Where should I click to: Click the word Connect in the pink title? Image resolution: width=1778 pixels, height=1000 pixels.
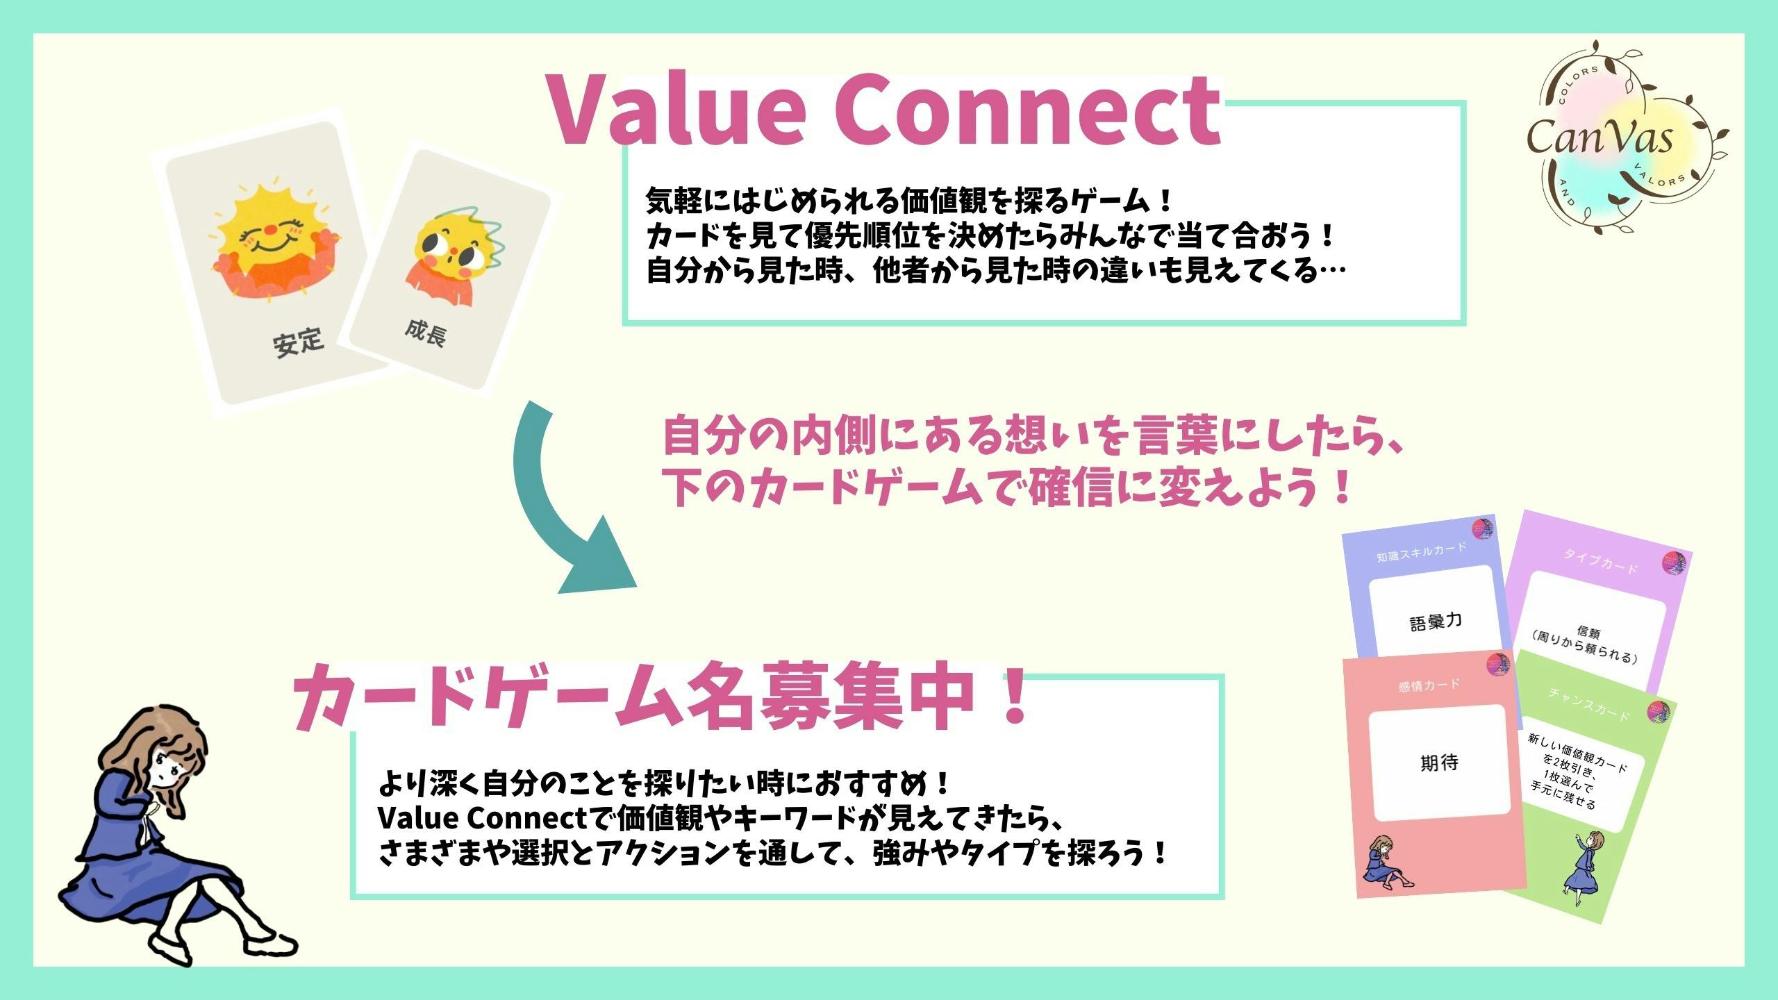(1028, 111)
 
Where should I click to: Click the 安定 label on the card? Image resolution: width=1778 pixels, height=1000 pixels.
(298, 342)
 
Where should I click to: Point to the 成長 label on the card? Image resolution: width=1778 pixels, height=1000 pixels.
(425, 333)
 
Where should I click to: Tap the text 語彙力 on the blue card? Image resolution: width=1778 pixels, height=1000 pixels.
(1436, 622)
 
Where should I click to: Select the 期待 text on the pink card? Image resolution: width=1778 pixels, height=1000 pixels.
(1439, 763)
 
